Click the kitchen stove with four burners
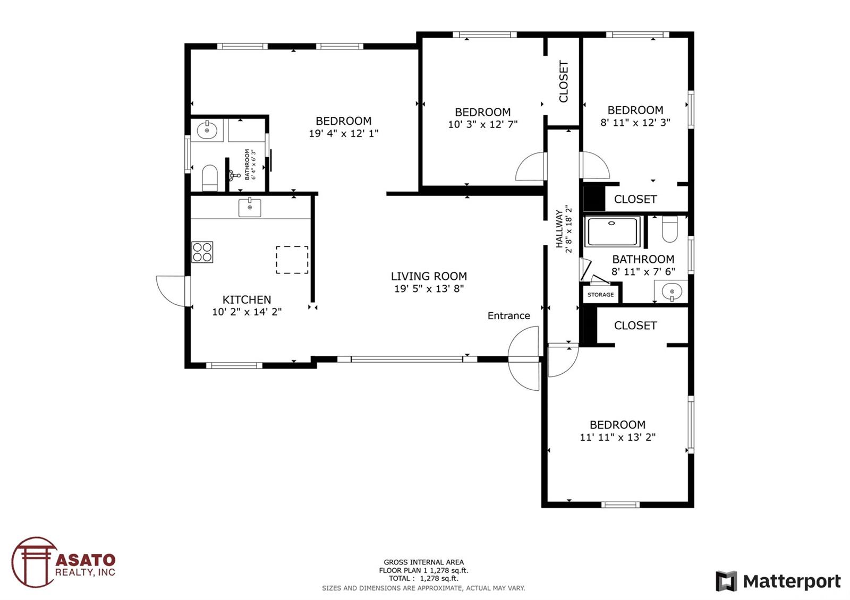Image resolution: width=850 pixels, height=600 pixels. pyautogui.click(x=202, y=252)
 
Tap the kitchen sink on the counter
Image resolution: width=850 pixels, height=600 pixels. pyautogui.click(x=250, y=208)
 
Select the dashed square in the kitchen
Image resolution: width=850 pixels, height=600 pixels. pyautogui.click(x=292, y=260)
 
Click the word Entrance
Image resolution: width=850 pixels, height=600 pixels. pyautogui.click(x=508, y=316)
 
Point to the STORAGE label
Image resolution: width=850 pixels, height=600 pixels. pyautogui.click(x=600, y=295)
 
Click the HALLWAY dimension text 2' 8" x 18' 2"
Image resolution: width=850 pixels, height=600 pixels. pyautogui.click(x=568, y=229)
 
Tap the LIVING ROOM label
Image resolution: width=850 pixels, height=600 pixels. pyautogui.click(x=429, y=276)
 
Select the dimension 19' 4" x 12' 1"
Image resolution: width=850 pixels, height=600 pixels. pyautogui.click(x=343, y=133)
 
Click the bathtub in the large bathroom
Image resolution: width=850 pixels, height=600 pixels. pyautogui.click(x=613, y=232)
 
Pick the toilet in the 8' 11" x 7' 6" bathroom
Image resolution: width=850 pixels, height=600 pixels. pyautogui.click(x=670, y=229)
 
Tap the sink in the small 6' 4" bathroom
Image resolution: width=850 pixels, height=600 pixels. pyautogui.click(x=207, y=131)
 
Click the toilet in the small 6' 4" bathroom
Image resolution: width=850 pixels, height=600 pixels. pyautogui.click(x=209, y=178)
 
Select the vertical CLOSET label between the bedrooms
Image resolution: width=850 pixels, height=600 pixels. pyautogui.click(x=564, y=82)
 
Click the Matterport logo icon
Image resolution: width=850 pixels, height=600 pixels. pyautogui.click(x=726, y=581)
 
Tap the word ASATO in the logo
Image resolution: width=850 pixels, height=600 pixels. pyautogui.click(x=86, y=560)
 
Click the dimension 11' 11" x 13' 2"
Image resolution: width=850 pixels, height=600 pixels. pyautogui.click(x=617, y=438)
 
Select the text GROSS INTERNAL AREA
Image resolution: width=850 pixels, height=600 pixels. pyautogui.click(x=423, y=562)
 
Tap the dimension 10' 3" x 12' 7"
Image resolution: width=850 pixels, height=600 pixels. pyautogui.click(x=483, y=124)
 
